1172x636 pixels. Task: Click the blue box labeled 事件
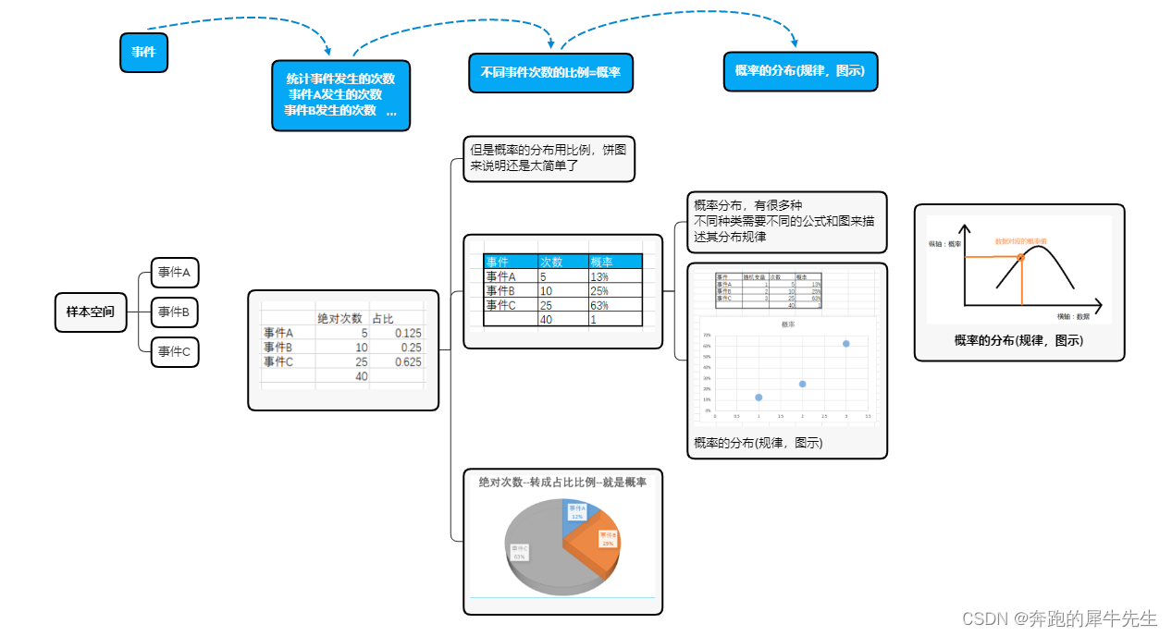click(143, 53)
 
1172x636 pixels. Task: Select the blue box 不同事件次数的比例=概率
click(550, 72)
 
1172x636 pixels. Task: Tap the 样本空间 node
click(90, 312)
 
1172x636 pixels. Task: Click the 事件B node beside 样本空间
click(174, 312)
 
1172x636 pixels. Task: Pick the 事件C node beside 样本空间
click(174, 351)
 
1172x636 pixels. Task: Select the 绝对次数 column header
click(339, 318)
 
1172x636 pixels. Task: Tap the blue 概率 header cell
click(613, 262)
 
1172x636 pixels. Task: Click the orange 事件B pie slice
click(606, 541)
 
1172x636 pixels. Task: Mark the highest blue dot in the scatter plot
click(845, 343)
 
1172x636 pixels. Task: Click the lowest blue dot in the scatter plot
click(759, 397)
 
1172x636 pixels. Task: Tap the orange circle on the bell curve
click(1020, 256)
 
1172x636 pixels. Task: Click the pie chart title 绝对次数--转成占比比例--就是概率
click(562, 483)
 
